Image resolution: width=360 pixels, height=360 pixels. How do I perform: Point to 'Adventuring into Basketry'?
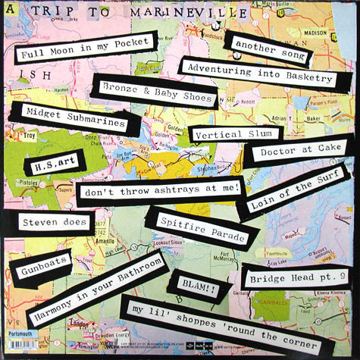256,72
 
